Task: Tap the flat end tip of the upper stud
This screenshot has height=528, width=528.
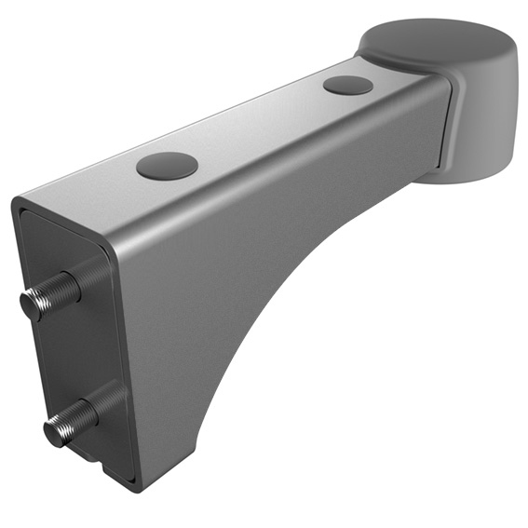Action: click(x=30, y=304)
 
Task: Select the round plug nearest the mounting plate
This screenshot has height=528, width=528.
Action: click(x=167, y=166)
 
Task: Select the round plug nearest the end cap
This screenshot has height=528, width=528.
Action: click(x=348, y=85)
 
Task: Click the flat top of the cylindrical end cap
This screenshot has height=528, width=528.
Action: click(x=436, y=38)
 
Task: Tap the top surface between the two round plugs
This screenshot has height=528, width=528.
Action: click(x=261, y=126)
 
